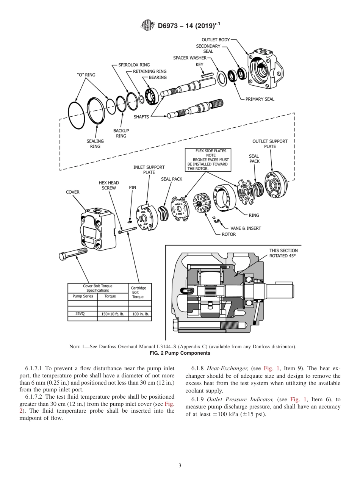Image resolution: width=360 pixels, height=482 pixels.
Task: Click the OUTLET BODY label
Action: [215, 39]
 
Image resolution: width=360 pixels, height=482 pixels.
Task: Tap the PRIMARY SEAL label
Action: [260, 99]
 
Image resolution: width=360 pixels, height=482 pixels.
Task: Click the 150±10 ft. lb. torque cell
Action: [113, 314]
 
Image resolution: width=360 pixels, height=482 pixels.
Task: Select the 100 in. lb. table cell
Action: [140, 314]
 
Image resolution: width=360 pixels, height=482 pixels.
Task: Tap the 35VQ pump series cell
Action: [80, 314]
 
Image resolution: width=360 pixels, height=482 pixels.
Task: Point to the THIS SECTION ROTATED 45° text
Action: [283, 253]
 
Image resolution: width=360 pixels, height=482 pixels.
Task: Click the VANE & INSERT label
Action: [246, 228]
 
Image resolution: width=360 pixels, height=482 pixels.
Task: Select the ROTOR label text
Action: [229, 234]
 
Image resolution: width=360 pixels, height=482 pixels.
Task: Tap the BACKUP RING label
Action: [121, 133]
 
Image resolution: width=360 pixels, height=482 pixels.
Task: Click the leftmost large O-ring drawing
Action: [77, 115]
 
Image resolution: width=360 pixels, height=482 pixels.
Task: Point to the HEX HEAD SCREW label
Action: [109, 185]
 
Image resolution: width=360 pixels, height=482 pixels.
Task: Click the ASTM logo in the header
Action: [148, 25]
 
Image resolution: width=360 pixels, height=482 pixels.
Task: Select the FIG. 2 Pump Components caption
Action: [180, 353]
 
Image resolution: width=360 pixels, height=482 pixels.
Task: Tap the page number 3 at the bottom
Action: [180, 465]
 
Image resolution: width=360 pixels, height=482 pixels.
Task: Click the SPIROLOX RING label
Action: [134, 65]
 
